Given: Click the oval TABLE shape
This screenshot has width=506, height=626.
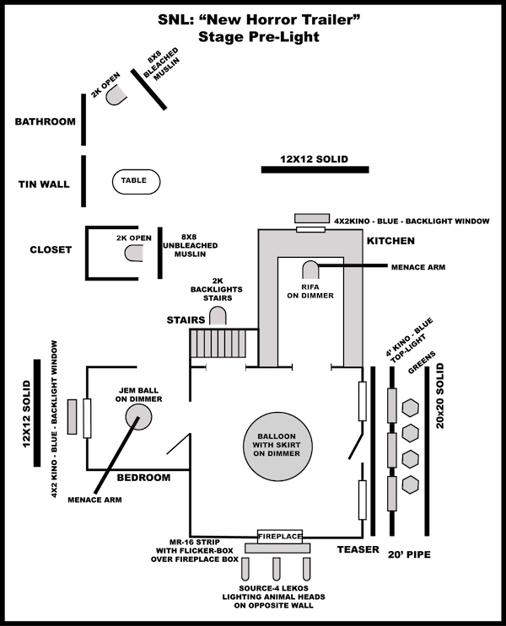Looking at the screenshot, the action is (x=136, y=182).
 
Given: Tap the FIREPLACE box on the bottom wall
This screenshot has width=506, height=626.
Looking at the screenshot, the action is (x=280, y=537).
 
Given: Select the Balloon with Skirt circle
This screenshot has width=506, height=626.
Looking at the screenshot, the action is (x=277, y=445).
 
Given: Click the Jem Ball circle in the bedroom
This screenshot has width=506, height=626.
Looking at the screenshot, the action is (x=138, y=416).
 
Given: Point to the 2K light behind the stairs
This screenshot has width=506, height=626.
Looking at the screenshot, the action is (x=218, y=315).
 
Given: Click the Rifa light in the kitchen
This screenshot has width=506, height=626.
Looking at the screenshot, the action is (x=310, y=270).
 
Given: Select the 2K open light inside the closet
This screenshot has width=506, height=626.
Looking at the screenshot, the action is (x=134, y=253).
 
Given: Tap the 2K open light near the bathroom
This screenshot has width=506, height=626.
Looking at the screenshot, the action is (x=116, y=95).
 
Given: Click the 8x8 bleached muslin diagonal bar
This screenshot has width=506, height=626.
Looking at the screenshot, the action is (x=148, y=89).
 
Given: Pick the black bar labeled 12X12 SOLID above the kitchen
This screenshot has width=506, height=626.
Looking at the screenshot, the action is (x=315, y=169).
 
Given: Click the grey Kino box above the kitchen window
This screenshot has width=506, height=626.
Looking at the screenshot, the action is (x=312, y=218).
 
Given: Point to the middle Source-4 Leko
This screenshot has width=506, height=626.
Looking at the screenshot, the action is (x=276, y=569).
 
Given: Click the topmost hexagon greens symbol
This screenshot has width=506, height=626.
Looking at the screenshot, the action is (x=410, y=408).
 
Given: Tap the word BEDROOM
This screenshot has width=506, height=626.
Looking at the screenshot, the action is (x=143, y=478).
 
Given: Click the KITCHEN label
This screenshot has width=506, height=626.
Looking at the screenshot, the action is (x=391, y=241).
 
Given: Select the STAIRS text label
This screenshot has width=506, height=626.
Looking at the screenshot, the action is (x=186, y=320).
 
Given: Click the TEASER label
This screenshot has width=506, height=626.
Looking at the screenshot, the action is (x=358, y=549).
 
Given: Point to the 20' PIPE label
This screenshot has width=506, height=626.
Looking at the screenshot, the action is (x=409, y=554).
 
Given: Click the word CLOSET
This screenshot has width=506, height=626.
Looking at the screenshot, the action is (x=51, y=249).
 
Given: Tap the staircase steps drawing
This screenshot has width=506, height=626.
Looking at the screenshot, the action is (x=218, y=343).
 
